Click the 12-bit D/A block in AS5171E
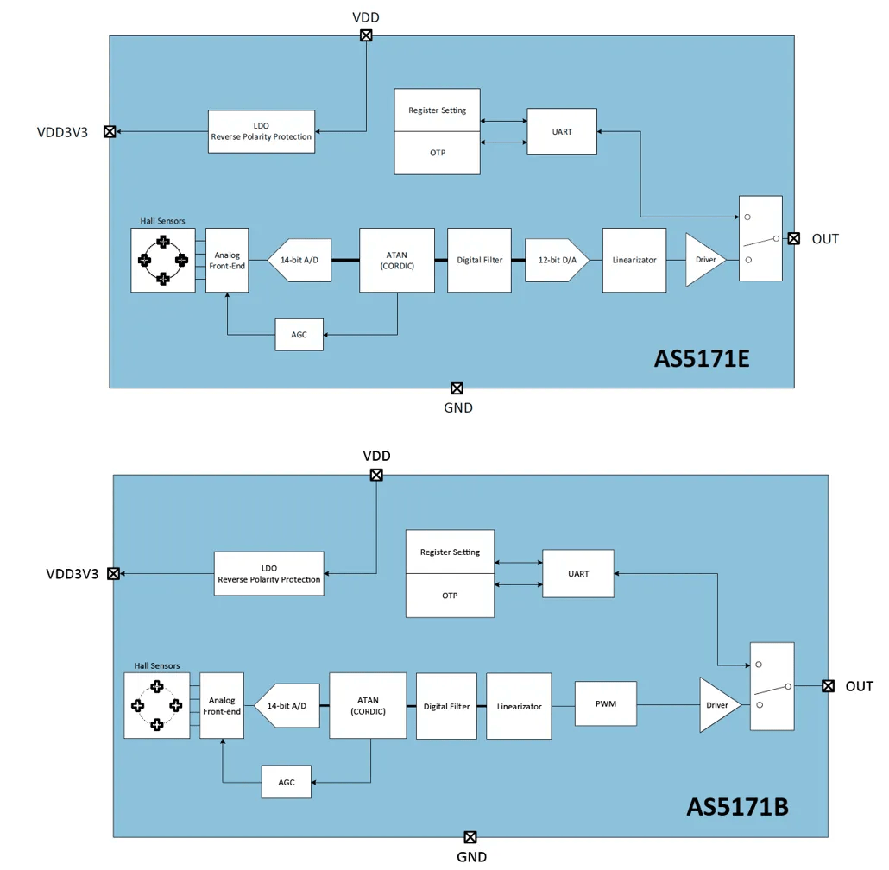tap(557, 260)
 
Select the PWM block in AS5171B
tap(606, 704)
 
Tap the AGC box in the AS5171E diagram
tap(299, 335)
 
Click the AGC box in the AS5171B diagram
tap(287, 782)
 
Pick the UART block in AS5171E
tap(562, 131)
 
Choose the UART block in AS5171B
tap(578, 574)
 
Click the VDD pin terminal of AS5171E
tap(366, 35)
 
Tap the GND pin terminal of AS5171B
tap(470, 837)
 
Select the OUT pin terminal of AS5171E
tap(794, 238)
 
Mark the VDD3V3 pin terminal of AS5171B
tap(113, 574)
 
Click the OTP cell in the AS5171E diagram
tap(437, 153)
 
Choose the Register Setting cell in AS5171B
tap(451, 552)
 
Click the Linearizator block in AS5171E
tap(634, 260)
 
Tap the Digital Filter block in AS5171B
tap(447, 706)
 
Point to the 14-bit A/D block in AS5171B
tap(287, 706)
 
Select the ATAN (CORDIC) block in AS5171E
tap(397, 260)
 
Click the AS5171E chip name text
tap(702, 359)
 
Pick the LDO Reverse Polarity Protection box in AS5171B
tap(269, 574)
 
